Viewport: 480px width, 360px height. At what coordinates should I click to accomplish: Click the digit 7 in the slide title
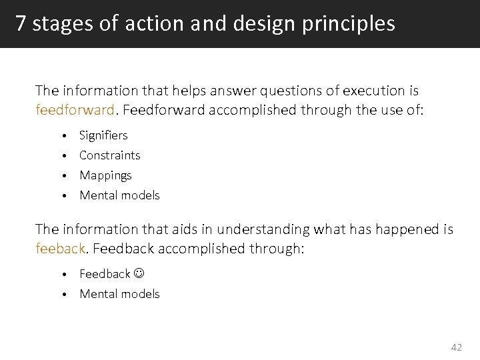pyautogui.click(x=21, y=24)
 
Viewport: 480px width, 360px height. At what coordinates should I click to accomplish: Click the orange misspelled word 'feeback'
pyautogui.click(x=60, y=248)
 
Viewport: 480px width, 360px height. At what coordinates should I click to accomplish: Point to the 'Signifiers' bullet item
pyautogui.click(x=103, y=135)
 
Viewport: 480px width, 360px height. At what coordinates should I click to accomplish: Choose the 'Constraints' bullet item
pyautogui.click(x=109, y=155)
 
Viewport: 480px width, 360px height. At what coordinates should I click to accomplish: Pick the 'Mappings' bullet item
pyautogui.click(x=105, y=175)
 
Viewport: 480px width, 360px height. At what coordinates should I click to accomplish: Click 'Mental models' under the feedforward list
pyautogui.click(x=119, y=195)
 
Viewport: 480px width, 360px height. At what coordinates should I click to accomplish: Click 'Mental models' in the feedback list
pyautogui.click(x=119, y=294)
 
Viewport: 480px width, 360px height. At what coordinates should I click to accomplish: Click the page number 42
pyautogui.click(x=456, y=347)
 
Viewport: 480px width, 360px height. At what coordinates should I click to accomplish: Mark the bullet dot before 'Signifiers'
pyautogui.click(x=64, y=136)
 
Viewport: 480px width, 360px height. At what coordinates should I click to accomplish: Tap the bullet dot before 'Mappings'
pyautogui.click(x=64, y=176)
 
